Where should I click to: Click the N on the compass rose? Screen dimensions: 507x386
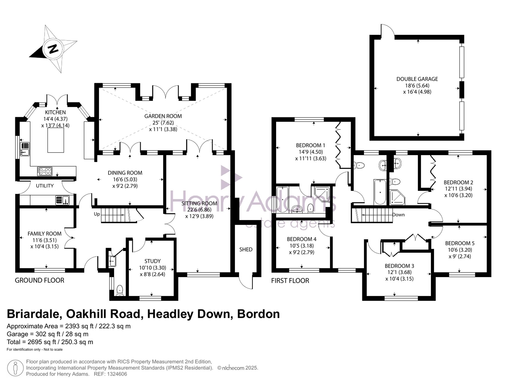pyautogui.click(x=53, y=49)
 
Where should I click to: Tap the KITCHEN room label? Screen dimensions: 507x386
pyautogui.click(x=55, y=112)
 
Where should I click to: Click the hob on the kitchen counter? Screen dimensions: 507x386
pyautogui.click(x=45, y=171)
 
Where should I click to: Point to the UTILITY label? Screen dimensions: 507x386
pyautogui.click(x=45, y=186)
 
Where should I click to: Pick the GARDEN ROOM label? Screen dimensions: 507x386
pyautogui.click(x=163, y=116)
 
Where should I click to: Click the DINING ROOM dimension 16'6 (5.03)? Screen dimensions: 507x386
pyautogui.click(x=125, y=179)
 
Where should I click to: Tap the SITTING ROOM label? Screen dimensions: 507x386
pyautogui.click(x=199, y=203)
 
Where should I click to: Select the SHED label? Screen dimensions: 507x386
pyautogui.click(x=246, y=249)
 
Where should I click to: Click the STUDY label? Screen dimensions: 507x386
pyautogui.click(x=153, y=261)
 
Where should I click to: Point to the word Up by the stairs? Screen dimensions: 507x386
pyautogui.click(x=97, y=214)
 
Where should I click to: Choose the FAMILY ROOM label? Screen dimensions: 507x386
pyautogui.click(x=44, y=233)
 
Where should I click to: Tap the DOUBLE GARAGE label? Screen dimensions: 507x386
pyautogui.click(x=417, y=79)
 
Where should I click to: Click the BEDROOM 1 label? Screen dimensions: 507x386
pyautogui.click(x=311, y=145)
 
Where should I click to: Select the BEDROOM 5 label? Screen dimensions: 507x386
pyautogui.click(x=460, y=243)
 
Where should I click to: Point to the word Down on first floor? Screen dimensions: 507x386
pyautogui.click(x=399, y=215)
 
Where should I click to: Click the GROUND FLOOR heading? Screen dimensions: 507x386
pyautogui.click(x=40, y=280)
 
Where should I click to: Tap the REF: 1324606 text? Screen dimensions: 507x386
pyautogui.click(x=110, y=374)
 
